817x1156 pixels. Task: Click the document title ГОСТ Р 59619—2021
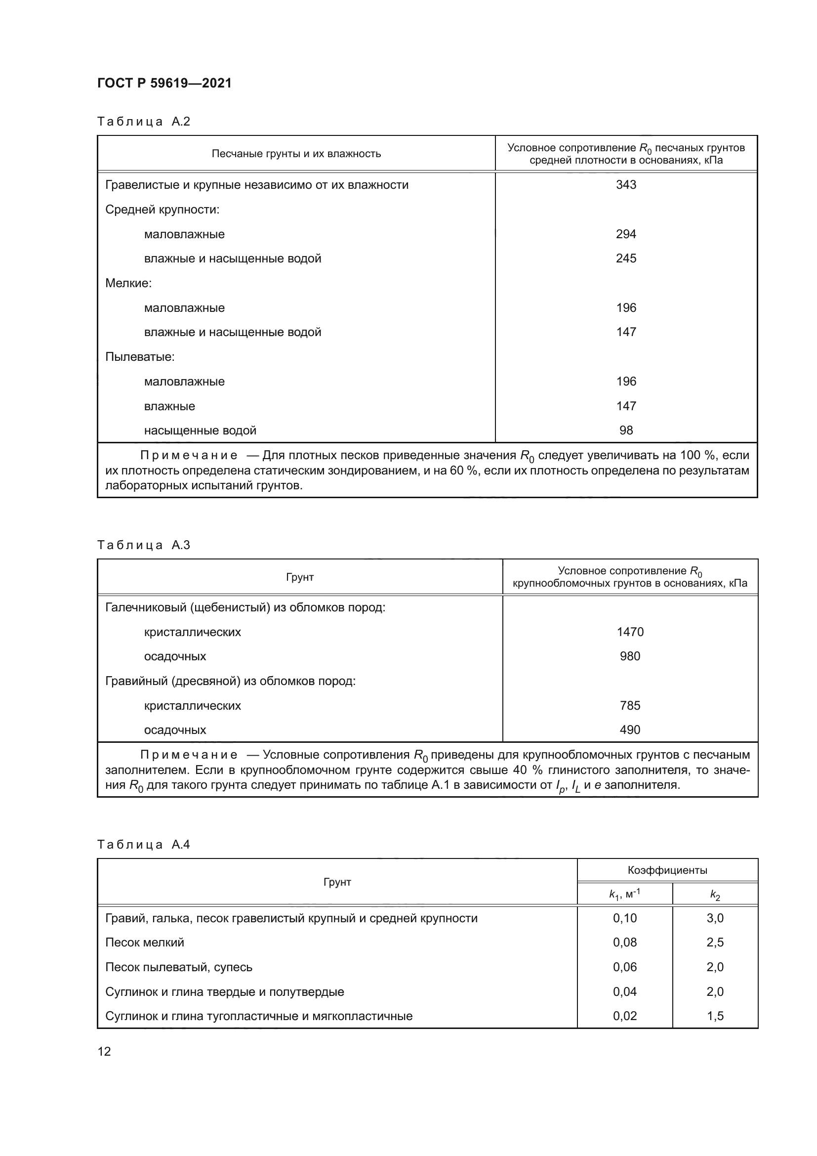click(164, 83)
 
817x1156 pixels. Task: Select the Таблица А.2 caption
click(143, 122)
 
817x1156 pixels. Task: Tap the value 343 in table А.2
click(626, 185)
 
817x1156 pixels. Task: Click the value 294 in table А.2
click(626, 234)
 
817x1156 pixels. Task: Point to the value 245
click(626, 258)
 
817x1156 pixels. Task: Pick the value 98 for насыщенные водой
click(626, 430)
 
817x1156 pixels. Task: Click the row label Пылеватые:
click(140, 357)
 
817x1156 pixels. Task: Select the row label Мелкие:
click(128, 283)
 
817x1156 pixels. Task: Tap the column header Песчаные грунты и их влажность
click(296, 154)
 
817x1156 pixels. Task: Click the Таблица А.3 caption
click(143, 545)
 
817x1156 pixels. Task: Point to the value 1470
click(630, 632)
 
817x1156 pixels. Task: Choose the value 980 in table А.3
click(630, 656)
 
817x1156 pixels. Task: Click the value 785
click(630, 705)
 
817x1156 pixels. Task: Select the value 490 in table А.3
click(630, 729)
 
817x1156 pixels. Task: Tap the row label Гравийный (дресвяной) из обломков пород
click(230, 681)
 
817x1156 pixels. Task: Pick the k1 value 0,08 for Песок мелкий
click(624, 942)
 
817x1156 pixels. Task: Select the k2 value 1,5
click(715, 1016)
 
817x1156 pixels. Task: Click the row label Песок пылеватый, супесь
click(179, 967)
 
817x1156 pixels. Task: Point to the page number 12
click(104, 1051)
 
